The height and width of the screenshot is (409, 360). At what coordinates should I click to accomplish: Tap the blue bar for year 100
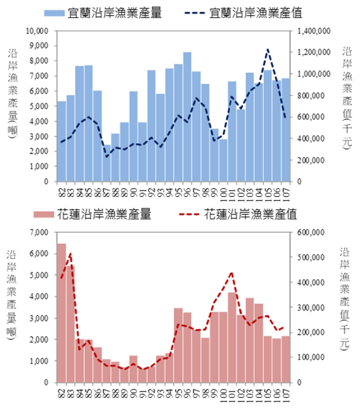pos(223,161)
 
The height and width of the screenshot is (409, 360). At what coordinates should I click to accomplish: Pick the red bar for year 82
pos(61,313)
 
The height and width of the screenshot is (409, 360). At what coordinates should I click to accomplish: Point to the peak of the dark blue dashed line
pos(268,49)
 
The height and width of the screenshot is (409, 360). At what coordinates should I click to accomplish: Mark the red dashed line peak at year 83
pos(70,254)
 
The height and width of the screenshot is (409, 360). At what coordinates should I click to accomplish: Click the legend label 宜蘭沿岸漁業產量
pos(115,13)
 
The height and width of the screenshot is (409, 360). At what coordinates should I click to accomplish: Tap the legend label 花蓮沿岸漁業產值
pos(250,215)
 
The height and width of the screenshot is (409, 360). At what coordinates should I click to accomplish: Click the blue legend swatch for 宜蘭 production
pos(55,13)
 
